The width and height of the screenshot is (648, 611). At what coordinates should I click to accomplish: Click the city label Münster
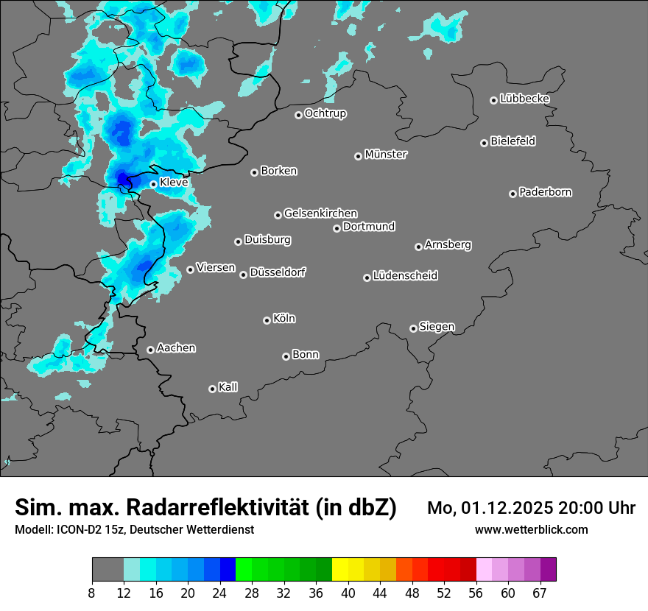tap(386, 155)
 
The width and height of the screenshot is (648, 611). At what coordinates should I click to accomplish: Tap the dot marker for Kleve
tap(153, 184)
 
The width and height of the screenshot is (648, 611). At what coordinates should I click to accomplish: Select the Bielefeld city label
tap(513, 141)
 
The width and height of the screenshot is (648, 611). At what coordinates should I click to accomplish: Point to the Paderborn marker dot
tap(513, 194)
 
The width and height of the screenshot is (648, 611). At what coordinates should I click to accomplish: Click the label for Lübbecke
tap(524, 99)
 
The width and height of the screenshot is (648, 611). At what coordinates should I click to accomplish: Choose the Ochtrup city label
tap(325, 113)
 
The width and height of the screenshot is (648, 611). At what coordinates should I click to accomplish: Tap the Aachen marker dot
tap(150, 350)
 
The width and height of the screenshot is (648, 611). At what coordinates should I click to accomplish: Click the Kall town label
tap(228, 387)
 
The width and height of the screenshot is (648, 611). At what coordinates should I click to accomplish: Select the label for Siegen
tap(437, 327)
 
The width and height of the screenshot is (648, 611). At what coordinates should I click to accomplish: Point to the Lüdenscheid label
tap(405, 276)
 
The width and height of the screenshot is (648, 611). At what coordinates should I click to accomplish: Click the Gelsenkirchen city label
tap(320, 213)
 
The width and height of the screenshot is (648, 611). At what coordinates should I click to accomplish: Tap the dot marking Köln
tap(267, 320)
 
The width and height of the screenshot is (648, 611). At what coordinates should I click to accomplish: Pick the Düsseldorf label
tap(278, 272)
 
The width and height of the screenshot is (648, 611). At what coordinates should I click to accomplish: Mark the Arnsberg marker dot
tap(418, 247)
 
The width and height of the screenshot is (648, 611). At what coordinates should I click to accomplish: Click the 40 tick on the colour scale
tap(348, 593)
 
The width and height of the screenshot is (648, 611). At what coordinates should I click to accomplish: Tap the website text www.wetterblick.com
tap(532, 529)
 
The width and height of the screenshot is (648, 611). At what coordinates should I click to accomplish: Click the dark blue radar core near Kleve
tap(123, 178)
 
